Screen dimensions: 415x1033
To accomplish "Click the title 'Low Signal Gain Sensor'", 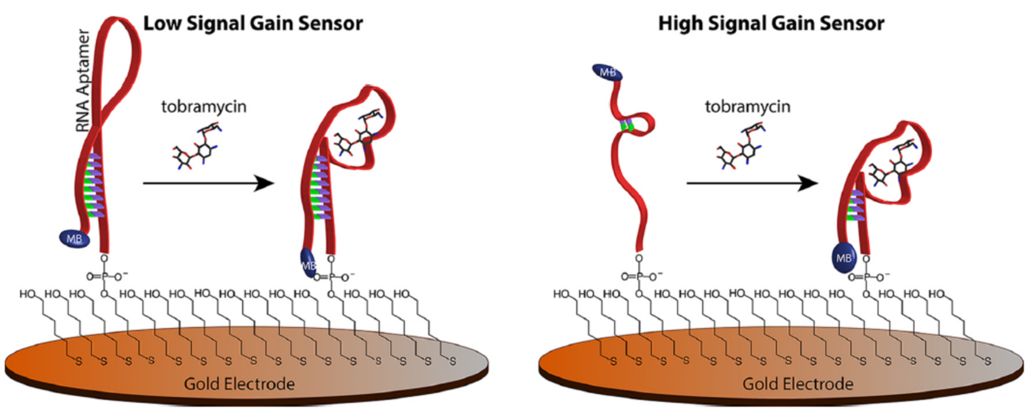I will (253, 23).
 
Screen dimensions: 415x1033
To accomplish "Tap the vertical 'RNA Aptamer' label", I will (84, 80).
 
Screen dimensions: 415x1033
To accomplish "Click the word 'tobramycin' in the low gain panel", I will (204, 107).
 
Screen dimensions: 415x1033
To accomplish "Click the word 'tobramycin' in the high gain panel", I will (748, 107).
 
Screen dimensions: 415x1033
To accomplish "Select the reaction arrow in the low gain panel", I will (209, 183).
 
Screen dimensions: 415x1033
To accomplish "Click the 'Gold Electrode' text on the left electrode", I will (239, 384).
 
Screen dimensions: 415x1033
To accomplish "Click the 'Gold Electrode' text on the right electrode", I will (798, 384).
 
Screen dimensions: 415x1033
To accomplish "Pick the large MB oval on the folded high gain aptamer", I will (844, 258).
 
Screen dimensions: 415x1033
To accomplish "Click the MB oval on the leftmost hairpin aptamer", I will (75, 239).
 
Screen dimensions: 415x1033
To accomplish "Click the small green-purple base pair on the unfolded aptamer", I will (626, 126).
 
